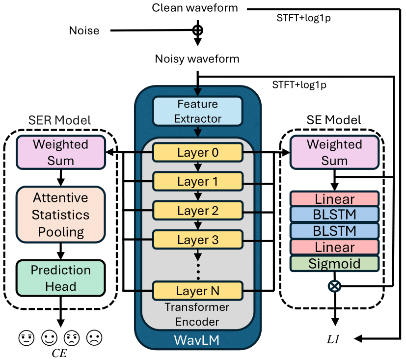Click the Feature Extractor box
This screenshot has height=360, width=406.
coord(197,111)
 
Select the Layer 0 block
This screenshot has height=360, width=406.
coord(197,153)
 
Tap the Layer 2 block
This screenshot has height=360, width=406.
coord(197,211)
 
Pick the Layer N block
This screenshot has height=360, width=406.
coord(197,290)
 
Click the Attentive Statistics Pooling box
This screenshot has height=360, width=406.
coord(61,215)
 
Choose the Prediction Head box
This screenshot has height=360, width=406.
coord(61,278)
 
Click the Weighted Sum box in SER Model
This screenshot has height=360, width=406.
coord(61,153)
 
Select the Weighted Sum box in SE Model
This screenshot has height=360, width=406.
coord(334,153)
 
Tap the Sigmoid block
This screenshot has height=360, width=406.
coord(334,263)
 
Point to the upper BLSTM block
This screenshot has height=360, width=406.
coord(334,215)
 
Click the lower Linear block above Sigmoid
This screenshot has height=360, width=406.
coord(334,247)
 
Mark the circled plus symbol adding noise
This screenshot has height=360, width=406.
coord(197,30)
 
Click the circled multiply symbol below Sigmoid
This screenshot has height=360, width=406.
coord(334,285)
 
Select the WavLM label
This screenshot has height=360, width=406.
coord(197,340)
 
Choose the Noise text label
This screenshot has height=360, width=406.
coord(84,31)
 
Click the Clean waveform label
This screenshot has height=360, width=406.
coord(195,8)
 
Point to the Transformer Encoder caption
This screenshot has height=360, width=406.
coord(197,315)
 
